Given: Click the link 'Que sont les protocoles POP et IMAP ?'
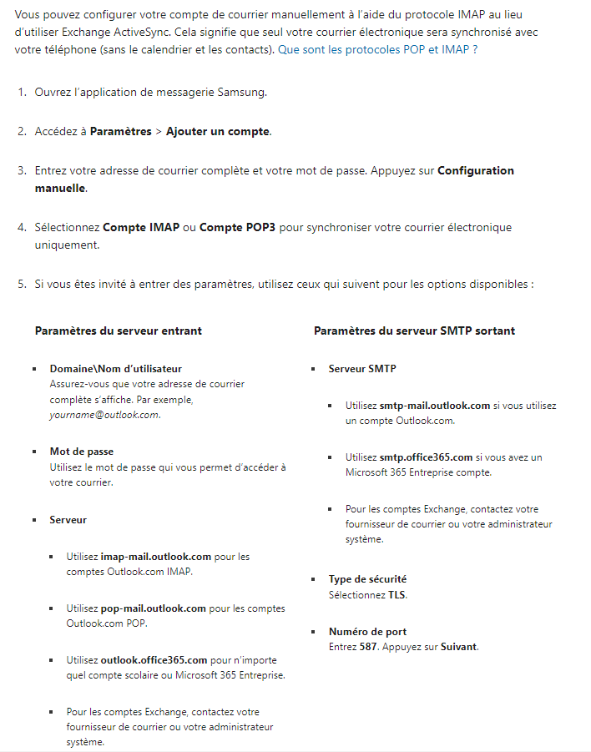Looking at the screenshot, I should pos(378,50).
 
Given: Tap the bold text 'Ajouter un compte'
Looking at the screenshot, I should pos(218,132).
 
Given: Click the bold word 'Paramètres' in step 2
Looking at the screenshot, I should pos(120,132).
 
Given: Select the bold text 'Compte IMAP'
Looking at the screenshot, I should pos(141,228).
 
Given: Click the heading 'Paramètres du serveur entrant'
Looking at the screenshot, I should pos(119,331).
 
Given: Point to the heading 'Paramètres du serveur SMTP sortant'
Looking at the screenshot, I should pos(414,331).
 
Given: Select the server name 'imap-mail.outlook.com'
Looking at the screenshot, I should pos(156,557).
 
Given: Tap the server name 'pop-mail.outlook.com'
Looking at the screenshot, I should pos(153,609).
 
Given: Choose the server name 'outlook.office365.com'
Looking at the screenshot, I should pos(154,660).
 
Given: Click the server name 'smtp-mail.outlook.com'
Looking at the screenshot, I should pos(435,406).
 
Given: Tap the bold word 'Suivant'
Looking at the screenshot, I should pos(459,647).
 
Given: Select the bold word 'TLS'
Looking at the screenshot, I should pos(397,595).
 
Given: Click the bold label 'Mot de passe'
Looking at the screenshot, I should pos(82,452).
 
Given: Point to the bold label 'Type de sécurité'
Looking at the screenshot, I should pos(367,579).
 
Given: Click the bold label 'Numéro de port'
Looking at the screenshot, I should pos(367,632).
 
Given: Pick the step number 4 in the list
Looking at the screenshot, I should pos(22,228).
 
